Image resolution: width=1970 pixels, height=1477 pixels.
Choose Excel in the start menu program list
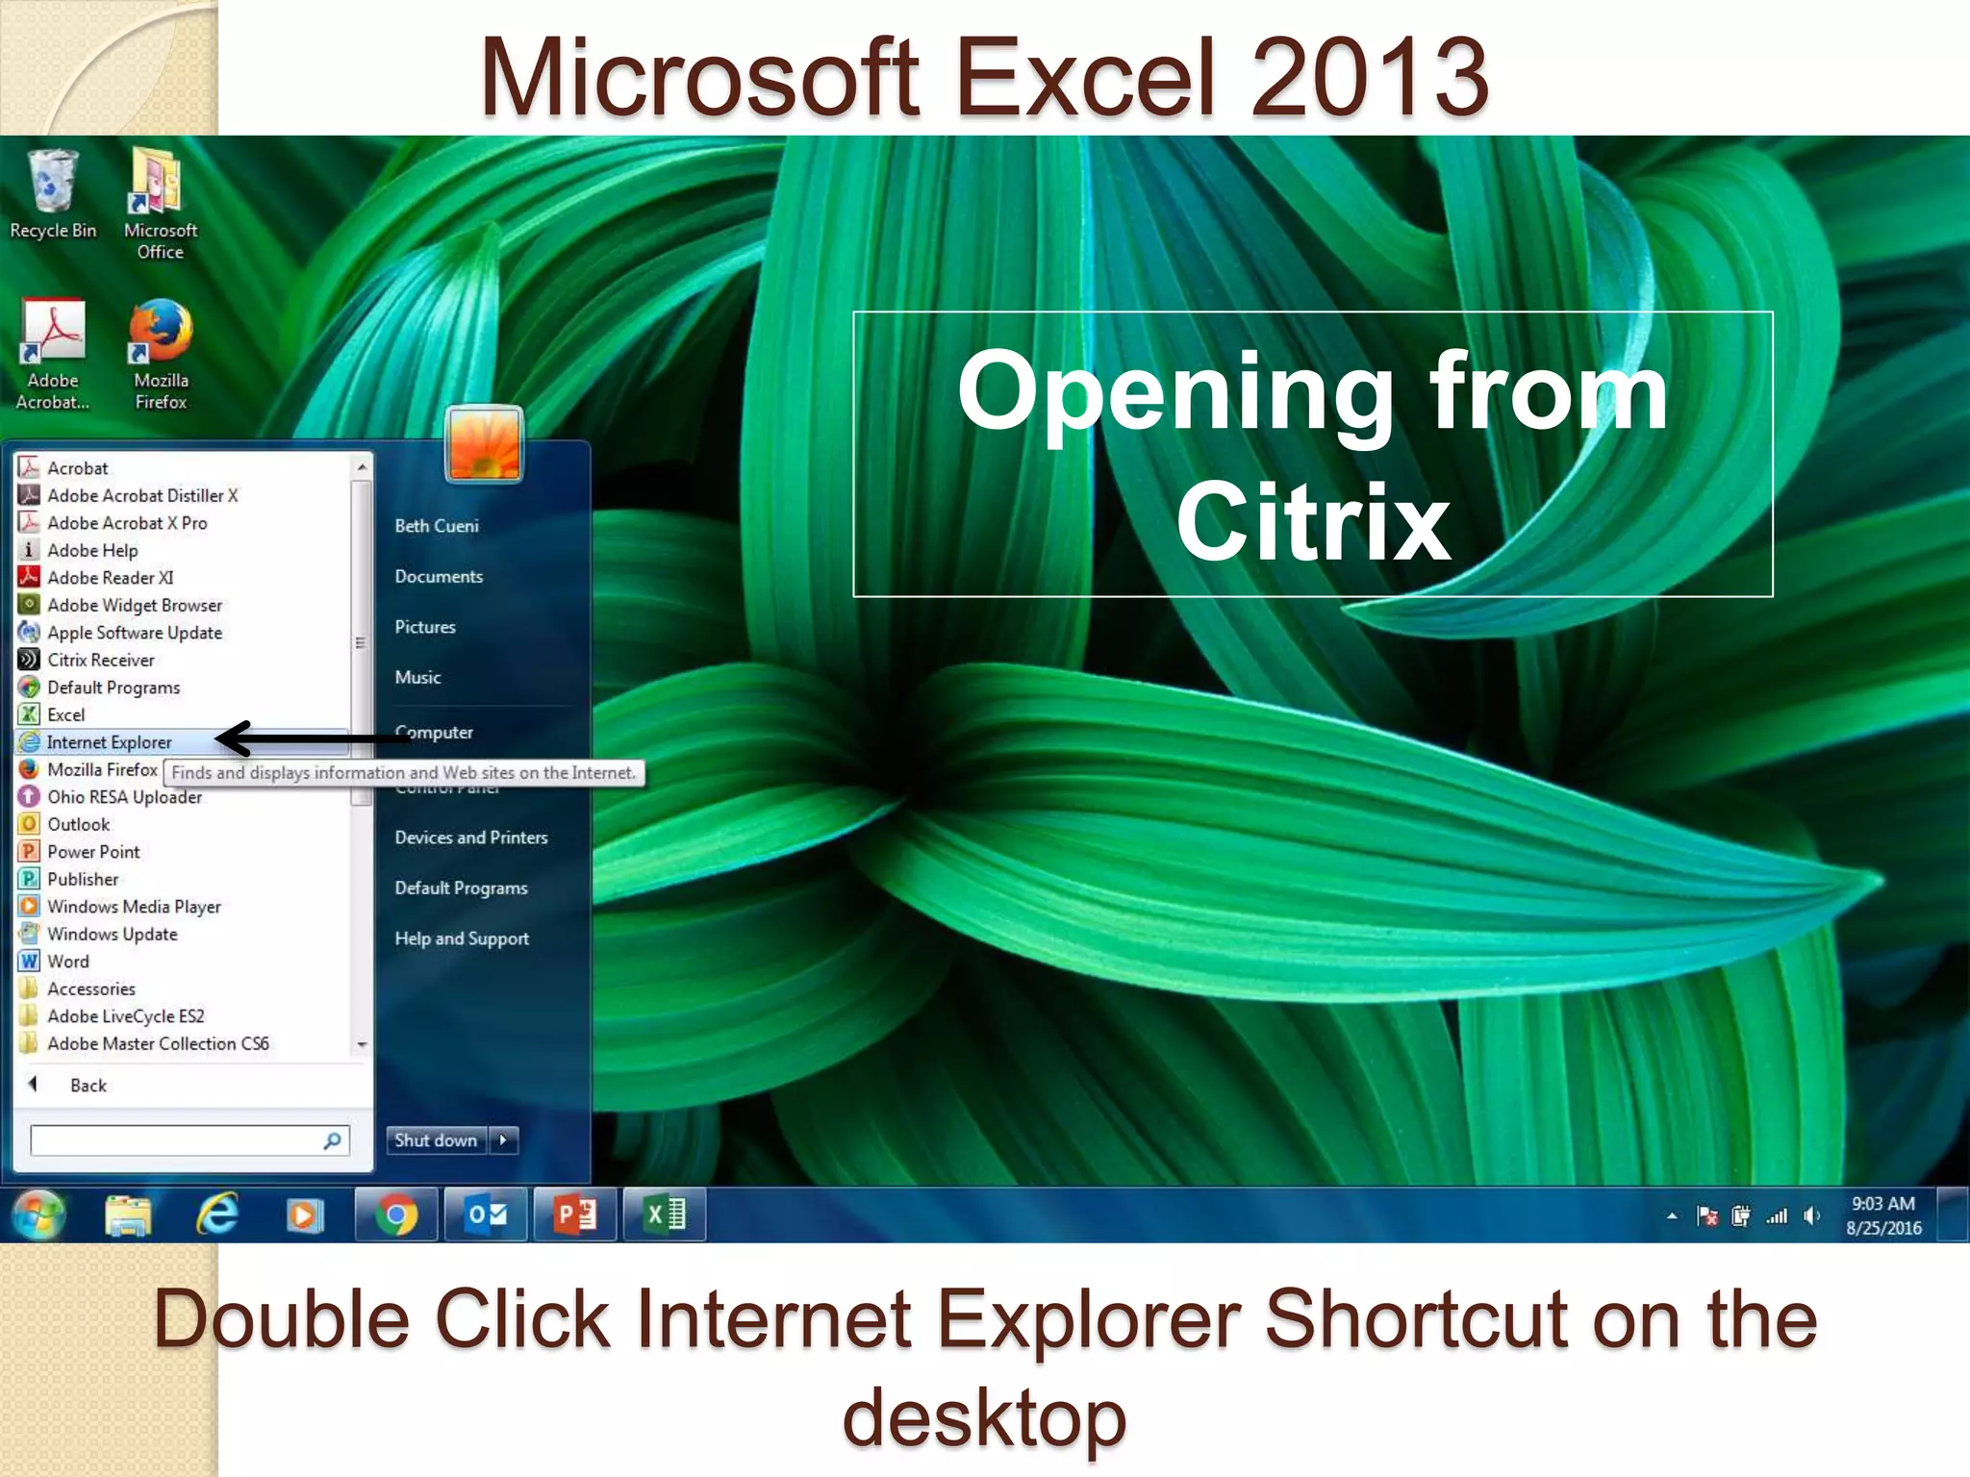(65, 714)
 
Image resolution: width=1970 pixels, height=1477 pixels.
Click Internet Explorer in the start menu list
(109, 742)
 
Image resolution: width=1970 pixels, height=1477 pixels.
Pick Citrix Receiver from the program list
(100, 660)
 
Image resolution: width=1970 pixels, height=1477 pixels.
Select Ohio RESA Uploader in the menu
(124, 797)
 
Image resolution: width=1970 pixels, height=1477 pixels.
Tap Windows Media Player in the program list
(134, 907)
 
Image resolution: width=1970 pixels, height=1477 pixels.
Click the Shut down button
(436, 1140)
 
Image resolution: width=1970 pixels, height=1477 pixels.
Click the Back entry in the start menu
(87, 1086)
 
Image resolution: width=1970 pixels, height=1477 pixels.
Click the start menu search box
(178, 1140)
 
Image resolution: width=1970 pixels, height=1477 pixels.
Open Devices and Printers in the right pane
(470, 838)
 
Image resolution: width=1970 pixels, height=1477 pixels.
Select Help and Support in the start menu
(462, 939)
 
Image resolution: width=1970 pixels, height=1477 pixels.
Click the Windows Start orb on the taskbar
(38, 1214)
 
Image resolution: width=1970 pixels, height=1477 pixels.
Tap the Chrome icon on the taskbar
(396, 1215)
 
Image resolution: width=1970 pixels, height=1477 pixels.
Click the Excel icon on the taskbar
(665, 1215)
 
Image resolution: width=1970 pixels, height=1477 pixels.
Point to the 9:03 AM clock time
(1882, 1204)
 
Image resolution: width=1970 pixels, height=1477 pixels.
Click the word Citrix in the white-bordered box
(1313, 523)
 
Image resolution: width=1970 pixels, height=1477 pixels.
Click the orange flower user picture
(484, 444)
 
